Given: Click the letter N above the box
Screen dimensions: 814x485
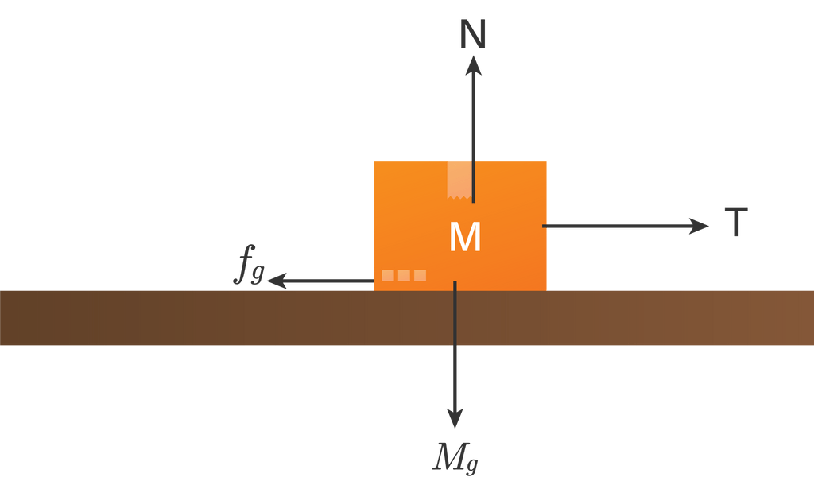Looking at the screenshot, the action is click(473, 35).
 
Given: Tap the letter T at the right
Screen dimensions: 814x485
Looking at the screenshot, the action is click(736, 222).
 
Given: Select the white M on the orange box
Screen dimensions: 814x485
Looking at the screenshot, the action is click(464, 237).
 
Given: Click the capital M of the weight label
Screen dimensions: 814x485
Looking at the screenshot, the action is click(450, 457).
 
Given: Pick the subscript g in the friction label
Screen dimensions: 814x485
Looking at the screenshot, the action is click(258, 274).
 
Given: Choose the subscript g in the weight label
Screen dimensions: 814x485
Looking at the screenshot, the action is click(472, 465).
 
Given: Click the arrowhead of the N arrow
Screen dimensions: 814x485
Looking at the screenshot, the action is click(473, 65).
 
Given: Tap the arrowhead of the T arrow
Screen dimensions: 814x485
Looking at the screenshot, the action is click(699, 226).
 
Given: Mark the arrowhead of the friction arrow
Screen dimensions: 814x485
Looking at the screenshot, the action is click(277, 281).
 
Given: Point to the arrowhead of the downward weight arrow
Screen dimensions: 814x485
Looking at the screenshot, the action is click(455, 418).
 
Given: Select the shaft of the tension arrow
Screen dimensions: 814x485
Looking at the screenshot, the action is click(618, 226).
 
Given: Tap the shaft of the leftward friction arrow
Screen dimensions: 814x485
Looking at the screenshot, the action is click(329, 281).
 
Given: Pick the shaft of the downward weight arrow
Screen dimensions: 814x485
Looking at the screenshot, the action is click(455, 346).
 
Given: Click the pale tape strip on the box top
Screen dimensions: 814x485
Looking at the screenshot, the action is click(459, 180).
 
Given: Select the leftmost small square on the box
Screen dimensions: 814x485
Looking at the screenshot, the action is click(388, 275).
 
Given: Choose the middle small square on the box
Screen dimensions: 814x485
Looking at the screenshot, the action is click(404, 275).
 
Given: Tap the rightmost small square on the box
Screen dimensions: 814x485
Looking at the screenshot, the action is click(420, 275).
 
